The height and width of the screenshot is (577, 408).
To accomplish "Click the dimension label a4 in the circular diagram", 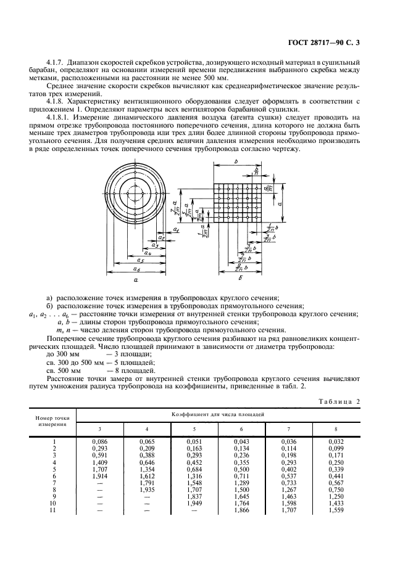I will coord(148,252).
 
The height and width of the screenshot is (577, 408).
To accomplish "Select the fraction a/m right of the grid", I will coord(275,187).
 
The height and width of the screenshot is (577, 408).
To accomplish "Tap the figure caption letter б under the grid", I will coord(239,279).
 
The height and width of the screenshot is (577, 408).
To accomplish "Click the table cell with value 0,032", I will coord(336,441).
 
